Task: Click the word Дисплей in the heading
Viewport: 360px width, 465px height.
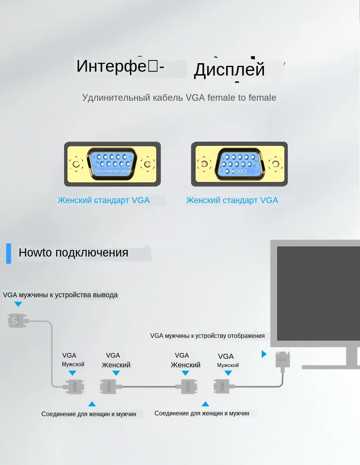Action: [229, 70]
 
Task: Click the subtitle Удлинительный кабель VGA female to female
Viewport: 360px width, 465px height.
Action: [179, 98]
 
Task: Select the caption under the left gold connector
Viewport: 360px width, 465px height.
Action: [103, 200]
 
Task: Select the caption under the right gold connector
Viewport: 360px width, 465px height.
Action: [232, 200]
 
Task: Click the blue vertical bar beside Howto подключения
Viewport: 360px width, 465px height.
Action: [9, 253]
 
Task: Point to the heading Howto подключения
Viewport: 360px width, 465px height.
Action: [73, 253]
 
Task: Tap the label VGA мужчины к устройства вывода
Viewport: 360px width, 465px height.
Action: [60, 295]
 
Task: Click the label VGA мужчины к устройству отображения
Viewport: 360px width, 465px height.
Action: [207, 336]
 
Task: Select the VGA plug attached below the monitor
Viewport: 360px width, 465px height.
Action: [281, 361]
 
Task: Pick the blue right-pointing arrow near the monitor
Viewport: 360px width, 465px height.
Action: [264, 354]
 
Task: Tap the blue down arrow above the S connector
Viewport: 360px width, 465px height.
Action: [18, 305]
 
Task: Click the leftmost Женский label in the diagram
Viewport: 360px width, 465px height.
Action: [116, 365]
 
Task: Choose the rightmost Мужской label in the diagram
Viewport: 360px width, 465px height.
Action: [228, 365]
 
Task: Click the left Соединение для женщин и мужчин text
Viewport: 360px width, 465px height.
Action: [89, 414]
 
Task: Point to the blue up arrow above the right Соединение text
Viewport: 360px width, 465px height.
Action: [205, 404]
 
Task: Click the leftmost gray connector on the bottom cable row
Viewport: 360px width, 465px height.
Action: [74, 386]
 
